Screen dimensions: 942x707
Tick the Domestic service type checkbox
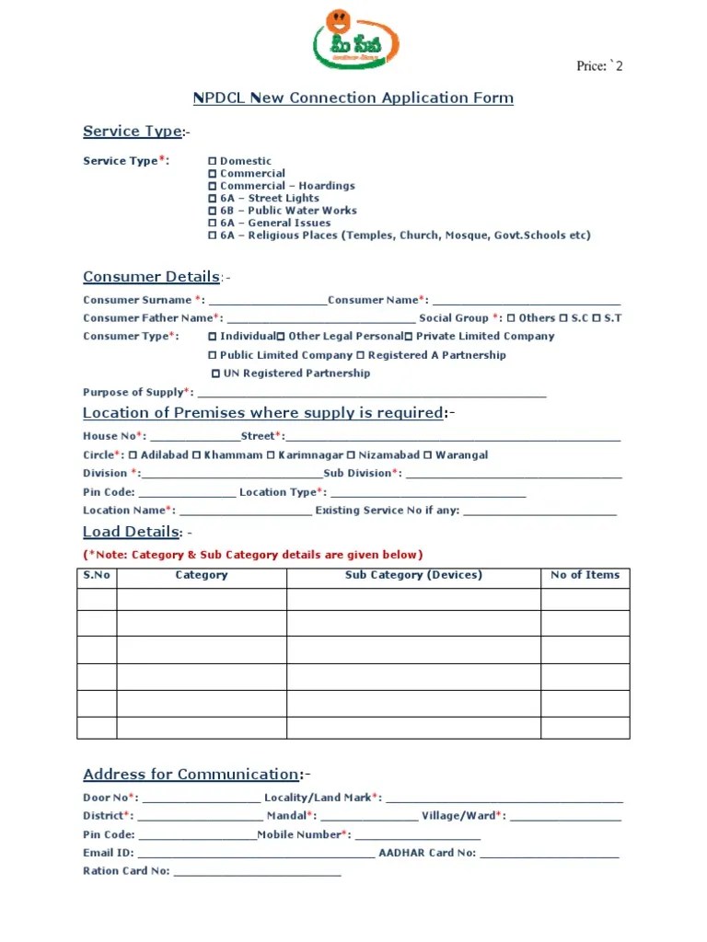point(213,161)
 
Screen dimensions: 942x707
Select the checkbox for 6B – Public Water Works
point(213,211)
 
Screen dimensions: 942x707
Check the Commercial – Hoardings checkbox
point(213,186)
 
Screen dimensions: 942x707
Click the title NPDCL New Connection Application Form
point(353,98)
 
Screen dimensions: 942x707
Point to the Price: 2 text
point(599,65)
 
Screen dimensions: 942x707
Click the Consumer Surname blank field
point(268,301)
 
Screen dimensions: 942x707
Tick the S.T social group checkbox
point(597,318)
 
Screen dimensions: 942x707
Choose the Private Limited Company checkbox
point(408,337)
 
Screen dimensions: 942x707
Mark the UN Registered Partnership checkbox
point(216,373)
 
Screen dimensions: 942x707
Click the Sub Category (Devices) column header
point(413,576)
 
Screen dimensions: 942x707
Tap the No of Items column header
point(585,576)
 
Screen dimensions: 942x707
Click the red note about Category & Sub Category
point(253,555)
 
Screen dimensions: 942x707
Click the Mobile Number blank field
point(417,835)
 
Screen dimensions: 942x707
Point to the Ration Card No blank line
point(257,872)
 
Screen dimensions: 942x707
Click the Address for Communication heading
point(191,775)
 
